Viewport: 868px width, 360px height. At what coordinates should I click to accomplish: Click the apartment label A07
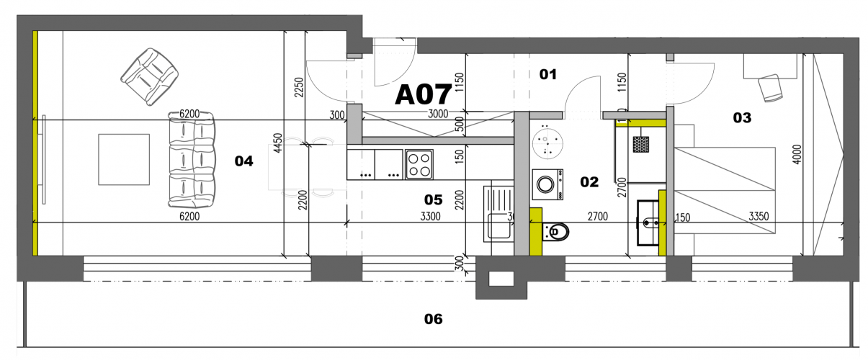click(x=423, y=94)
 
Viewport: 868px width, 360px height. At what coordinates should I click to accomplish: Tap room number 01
click(x=549, y=73)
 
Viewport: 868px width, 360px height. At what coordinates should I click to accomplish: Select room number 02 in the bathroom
click(x=589, y=182)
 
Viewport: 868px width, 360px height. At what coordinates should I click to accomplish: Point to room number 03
click(x=742, y=117)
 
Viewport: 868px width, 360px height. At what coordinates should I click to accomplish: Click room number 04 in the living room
click(x=244, y=161)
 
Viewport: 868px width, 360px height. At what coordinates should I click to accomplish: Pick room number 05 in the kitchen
click(x=433, y=199)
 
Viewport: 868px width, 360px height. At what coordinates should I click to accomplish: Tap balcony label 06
click(x=433, y=319)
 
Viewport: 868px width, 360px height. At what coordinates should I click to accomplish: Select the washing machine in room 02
click(x=548, y=184)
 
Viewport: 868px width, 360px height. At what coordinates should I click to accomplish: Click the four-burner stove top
click(x=419, y=164)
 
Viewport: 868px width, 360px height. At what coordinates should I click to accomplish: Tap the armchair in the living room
click(x=150, y=75)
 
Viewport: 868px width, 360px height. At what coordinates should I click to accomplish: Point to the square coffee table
click(x=124, y=159)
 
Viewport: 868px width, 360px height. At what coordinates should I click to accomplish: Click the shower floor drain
click(x=641, y=143)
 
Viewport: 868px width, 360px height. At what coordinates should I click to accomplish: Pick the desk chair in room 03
click(x=771, y=87)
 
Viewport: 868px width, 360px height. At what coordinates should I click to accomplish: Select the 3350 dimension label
click(x=761, y=215)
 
